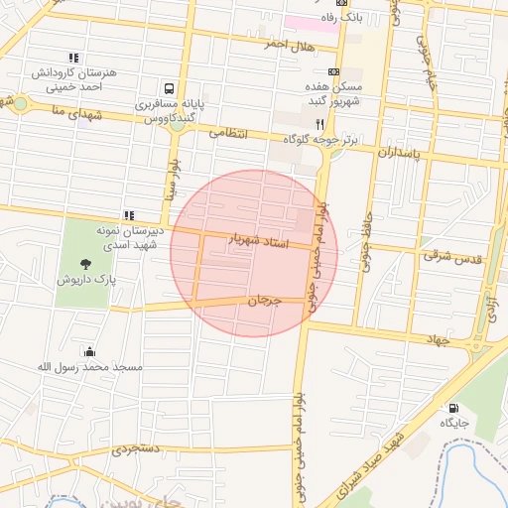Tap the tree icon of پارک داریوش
[85, 264]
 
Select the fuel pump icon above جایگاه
[454, 407]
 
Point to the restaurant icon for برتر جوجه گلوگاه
[319, 124]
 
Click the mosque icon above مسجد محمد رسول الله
[90, 351]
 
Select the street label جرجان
[264, 299]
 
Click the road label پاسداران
[400, 155]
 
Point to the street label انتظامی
[228, 131]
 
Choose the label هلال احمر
[289, 46]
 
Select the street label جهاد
[437, 339]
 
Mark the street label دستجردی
[134, 448]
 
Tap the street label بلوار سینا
[174, 177]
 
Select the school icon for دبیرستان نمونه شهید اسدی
[129, 214]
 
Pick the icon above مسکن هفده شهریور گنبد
[332, 71]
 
